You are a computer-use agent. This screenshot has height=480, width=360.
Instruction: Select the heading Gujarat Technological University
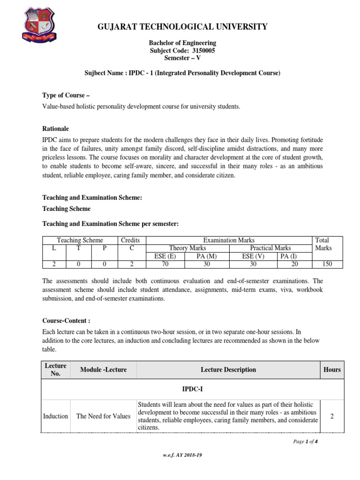pos(182,27)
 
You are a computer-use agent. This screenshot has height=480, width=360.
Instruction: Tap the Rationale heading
pos(56,128)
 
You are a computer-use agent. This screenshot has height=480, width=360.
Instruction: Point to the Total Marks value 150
pos(327,264)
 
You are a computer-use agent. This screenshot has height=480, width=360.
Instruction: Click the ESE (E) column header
pos(165,256)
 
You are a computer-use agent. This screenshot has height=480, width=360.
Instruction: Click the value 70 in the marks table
pos(165,264)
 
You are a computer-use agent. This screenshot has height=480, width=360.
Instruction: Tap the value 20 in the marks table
pos(294,264)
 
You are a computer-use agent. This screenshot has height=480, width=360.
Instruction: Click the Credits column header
pos(130,240)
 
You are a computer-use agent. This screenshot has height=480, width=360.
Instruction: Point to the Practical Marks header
pos(270,248)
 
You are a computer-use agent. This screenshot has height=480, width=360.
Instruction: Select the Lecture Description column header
pos(228,370)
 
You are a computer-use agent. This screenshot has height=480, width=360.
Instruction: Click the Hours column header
pos(332,370)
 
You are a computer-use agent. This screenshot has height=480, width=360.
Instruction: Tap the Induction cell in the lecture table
pos(55,416)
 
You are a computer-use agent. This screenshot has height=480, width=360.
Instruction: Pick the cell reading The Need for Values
pos(103,416)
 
